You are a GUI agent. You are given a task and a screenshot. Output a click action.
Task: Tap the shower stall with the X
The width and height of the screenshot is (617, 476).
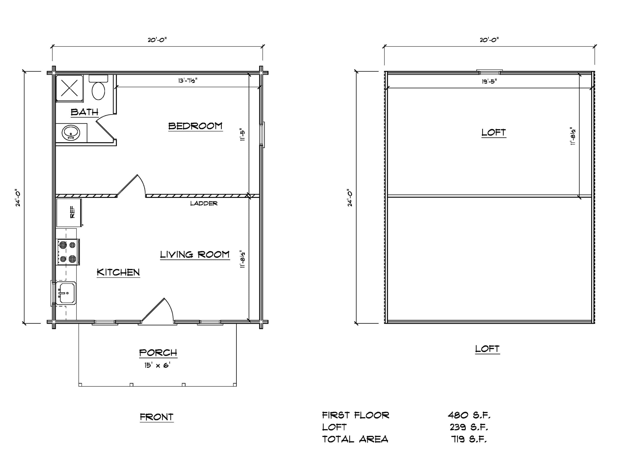tap(69, 88)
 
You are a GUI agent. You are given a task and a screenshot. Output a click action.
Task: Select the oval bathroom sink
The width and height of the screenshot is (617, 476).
tap(71, 133)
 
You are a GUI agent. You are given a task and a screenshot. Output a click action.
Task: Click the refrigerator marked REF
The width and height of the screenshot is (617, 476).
tap(69, 213)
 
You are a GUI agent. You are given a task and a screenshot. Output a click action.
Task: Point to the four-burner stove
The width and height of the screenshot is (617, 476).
tap(68, 252)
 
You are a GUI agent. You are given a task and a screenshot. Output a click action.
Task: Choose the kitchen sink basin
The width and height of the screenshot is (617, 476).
tap(66, 293)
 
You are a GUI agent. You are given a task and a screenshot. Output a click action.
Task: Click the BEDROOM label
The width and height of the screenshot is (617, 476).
tap(195, 126)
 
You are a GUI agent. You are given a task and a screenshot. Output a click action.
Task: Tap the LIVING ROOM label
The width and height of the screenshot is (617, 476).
tap(195, 255)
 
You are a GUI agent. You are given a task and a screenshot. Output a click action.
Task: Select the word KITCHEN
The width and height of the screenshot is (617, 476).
tap(118, 272)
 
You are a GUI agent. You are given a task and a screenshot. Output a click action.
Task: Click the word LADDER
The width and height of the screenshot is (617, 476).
tap(204, 203)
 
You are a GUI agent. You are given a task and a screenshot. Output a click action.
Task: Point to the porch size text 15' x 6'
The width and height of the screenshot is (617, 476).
tap(157, 365)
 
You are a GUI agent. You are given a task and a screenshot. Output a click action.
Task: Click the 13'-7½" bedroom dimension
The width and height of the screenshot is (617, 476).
tap(188, 81)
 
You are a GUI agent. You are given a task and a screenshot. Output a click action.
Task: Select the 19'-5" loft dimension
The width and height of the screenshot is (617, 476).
tap(489, 82)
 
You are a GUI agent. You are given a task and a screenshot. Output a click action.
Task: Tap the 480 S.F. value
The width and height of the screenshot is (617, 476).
tap(469, 415)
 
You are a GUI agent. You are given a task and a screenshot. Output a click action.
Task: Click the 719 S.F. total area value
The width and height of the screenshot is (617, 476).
tap(469, 439)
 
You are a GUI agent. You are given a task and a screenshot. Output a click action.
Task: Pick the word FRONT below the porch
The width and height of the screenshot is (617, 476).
tap(156, 417)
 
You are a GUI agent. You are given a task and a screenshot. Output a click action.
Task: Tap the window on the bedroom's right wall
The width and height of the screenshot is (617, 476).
tap(262, 135)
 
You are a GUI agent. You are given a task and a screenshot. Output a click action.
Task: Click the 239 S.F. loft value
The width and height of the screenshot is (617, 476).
tap(469, 427)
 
